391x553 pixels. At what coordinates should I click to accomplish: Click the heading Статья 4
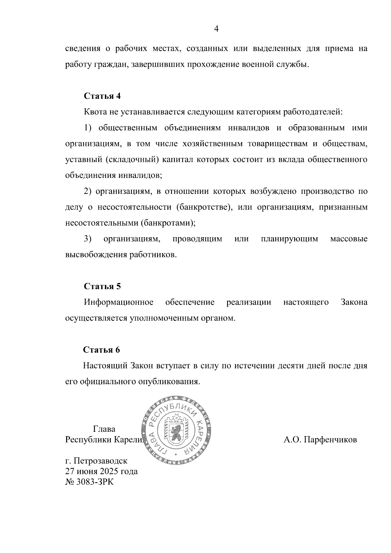[x=102, y=96]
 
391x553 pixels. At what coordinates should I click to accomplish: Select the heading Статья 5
[x=102, y=286]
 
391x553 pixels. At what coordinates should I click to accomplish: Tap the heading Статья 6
[x=102, y=350]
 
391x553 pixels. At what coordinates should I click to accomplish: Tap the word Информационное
[x=119, y=302]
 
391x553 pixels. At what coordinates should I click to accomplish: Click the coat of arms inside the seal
[x=177, y=430]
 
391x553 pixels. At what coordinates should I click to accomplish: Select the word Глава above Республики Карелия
[x=104, y=429]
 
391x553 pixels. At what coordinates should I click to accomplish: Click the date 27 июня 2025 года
[x=101, y=471]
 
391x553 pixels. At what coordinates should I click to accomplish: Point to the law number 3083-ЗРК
[x=95, y=482]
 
